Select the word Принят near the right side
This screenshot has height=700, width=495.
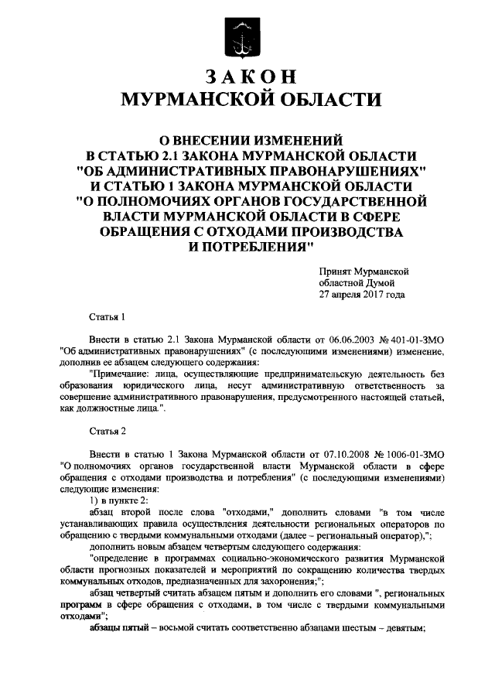pyautogui.click(x=335, y=271)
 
